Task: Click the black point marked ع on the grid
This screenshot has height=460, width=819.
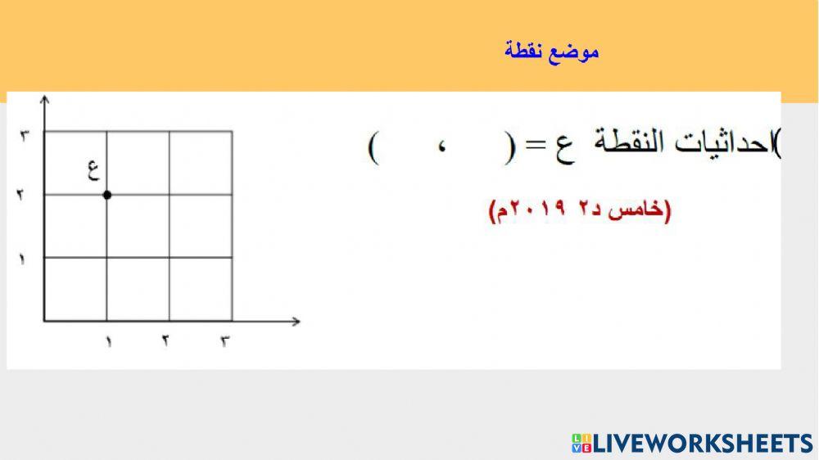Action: point(107,194)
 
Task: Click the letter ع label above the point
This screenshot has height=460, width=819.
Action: point(93,170)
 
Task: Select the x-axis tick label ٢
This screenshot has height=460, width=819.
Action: point(165,341)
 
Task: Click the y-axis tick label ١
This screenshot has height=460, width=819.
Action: point(22,259)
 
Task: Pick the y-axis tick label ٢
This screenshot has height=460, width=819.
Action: point(22,196)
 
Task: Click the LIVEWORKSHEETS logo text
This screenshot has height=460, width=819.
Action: point(702,444)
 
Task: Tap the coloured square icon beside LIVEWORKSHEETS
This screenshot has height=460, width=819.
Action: point(581,444)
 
